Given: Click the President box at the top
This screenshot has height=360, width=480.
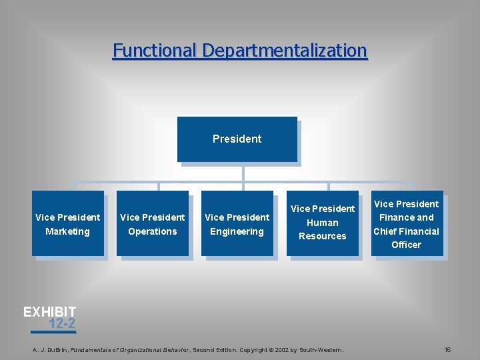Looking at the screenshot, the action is click(237, 139).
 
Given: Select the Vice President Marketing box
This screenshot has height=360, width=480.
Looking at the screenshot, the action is click(67, 224).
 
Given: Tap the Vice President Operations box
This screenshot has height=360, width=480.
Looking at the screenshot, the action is click(152, 224).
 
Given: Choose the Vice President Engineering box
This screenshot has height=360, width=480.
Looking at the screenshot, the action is click(237, 224).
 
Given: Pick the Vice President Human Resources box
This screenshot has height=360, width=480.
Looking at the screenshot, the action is click(323, 223).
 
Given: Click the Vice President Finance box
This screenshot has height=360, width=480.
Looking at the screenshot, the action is click(407, 224).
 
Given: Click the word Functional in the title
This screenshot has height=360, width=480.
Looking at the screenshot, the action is click(155, 51).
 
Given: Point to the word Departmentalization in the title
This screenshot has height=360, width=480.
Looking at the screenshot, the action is click(285, 51).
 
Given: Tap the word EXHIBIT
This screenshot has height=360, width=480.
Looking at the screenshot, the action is click(50, 311).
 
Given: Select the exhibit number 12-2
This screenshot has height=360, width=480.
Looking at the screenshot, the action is click(62, 325).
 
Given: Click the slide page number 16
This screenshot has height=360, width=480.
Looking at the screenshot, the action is click(448, 349).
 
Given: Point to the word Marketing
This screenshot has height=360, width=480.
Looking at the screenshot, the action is click(67, 231).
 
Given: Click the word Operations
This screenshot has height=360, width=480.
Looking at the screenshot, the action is click(153, 231).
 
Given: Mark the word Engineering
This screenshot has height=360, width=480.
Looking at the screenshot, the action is click(237, 231).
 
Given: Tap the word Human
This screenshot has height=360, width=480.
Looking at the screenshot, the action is click(323, 223).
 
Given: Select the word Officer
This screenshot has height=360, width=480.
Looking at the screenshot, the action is click(407, 245).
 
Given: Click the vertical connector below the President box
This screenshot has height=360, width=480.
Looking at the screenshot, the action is click(243, 171).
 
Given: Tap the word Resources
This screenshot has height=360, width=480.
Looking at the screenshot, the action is click(323, 236).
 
